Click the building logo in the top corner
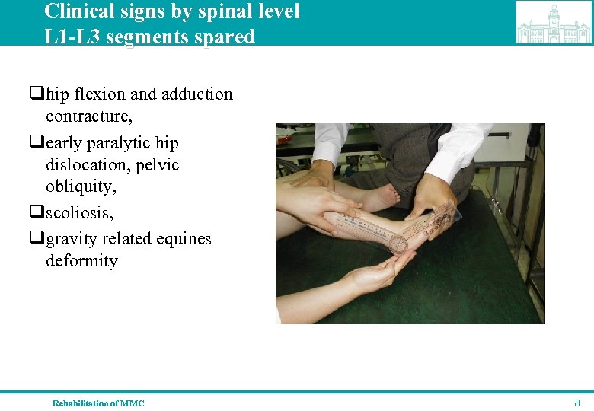tap(554, 23)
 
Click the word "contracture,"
tap(89, 116)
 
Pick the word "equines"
tap(184, 239)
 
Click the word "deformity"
tap(81, 260)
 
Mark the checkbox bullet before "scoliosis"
tap(36, 213)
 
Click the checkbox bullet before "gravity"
tap(36, 240)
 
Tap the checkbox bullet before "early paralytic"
tap(36, 144)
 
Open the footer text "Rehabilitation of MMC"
tap(97, 403)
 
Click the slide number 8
tap(577, 403)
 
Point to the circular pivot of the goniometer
tap(399, 245)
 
